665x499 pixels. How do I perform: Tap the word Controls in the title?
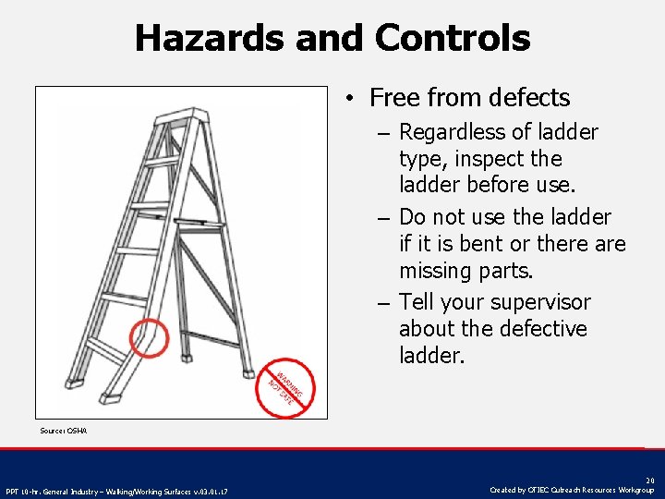pyautogui.click(x=453, y=39)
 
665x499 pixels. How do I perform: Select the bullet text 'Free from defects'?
pyautogui.click(x=469, y=97)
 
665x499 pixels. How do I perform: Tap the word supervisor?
pyautogui.click(x=540, y=302)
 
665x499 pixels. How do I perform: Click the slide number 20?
pyautogui.click(x=649, y=481)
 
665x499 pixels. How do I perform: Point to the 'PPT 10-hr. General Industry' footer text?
pyautogui.click(x=117, y=490)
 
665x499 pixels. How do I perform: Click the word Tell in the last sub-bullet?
pyautogui.click(x=417, y=302)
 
